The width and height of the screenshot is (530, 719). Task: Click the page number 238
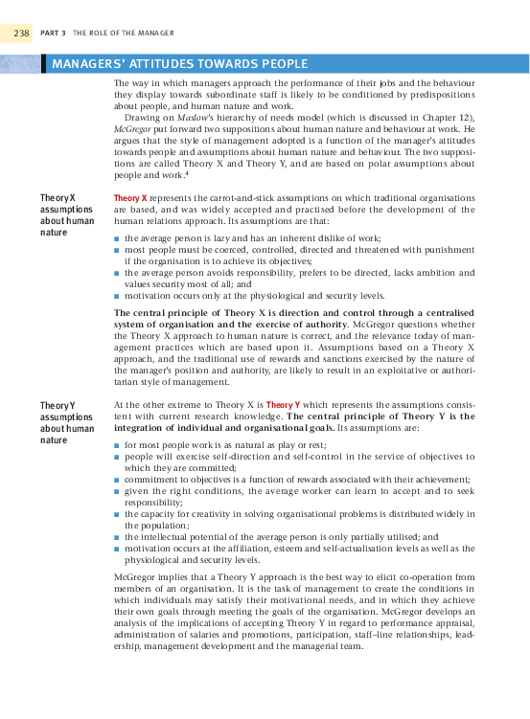click(x=21, y=34)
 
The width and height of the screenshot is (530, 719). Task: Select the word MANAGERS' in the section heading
click(x=90, y=64)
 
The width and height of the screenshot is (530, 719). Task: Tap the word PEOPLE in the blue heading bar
click(x=278, y=64)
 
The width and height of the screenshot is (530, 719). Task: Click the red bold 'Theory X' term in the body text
click(x=129, y=198)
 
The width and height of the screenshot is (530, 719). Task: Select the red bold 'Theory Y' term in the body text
click(x=284, y=406)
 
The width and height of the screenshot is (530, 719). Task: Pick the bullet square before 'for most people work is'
click(x=117, y=446)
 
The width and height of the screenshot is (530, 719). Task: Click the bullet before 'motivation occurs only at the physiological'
click(x=117, y=297)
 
